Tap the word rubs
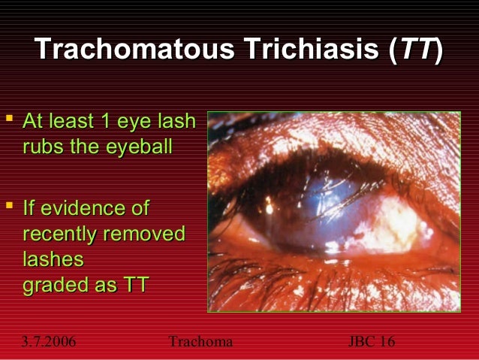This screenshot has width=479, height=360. [x=43, y=147]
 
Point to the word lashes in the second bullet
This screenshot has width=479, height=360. [x=53, y=260]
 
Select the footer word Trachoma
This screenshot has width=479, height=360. [x=201, y=343]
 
